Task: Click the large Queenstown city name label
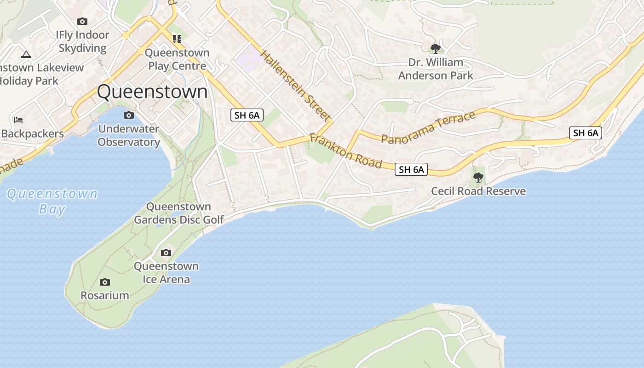[x=152, y=92]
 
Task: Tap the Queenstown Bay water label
[x=52, y=201]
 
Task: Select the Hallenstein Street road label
[x=295, y=85]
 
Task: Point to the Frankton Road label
[x=345, y=150]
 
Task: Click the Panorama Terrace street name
[x=428, y=128]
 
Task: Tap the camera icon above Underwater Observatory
[x=129, y=115]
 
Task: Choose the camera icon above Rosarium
[x=105, y=282]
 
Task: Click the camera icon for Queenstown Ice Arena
[x=166, y=253]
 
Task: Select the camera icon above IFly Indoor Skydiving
[x=82, y=21]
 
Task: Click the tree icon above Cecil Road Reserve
[x=478, y=177]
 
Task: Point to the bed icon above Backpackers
[x=18, y=120]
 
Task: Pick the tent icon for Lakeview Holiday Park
[x=26, y=54]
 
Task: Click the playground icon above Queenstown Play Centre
[x=177, y=39]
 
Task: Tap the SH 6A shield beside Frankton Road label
[x=411, y=169]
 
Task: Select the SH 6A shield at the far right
[x=586, y=133]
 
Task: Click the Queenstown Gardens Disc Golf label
[x=179, y=213]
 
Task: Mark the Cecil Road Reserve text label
[x=478, y=191]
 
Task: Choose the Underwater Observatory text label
[x=129, y=135]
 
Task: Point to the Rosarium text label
[x=105, y=295]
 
